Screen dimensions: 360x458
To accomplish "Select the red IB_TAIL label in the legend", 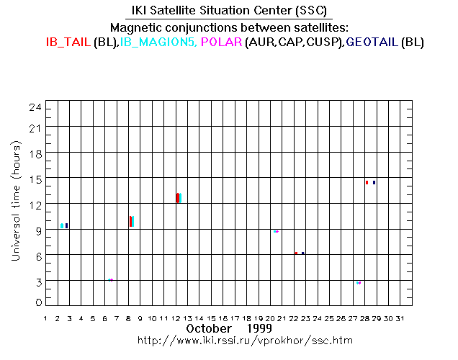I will click(68, 42).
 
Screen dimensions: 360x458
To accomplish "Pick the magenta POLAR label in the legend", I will click(221, 42).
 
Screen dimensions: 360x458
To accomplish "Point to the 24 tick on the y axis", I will click(38, 107).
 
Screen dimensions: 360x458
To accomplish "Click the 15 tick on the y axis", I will click(38, 179).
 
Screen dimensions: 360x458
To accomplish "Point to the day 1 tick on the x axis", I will click(46, 318).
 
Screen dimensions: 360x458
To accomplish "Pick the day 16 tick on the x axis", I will click(223, 318).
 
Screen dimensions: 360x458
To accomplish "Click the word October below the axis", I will click(208, 328).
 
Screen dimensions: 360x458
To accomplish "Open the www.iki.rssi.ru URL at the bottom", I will click(245, 340).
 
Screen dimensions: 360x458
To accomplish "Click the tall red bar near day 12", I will click(177, 198).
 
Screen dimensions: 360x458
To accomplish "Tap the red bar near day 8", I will click(130, 221).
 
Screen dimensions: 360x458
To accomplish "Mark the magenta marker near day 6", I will click(111, 280).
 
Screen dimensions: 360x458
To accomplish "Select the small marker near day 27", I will click(359, 283).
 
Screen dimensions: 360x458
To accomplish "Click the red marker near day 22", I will click(296, 253).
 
